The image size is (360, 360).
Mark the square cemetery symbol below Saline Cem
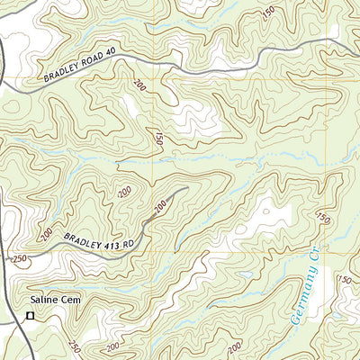click(x=30, y=316)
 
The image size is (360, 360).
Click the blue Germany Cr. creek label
click(x=307, y=287)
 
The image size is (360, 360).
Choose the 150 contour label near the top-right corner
click(x=268, y=13)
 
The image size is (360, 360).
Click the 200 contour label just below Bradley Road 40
click(x=139, y=87)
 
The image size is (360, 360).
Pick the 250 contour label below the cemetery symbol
click(x=74, y=346)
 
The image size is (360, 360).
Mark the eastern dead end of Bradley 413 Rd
click(x=186, y=188)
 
